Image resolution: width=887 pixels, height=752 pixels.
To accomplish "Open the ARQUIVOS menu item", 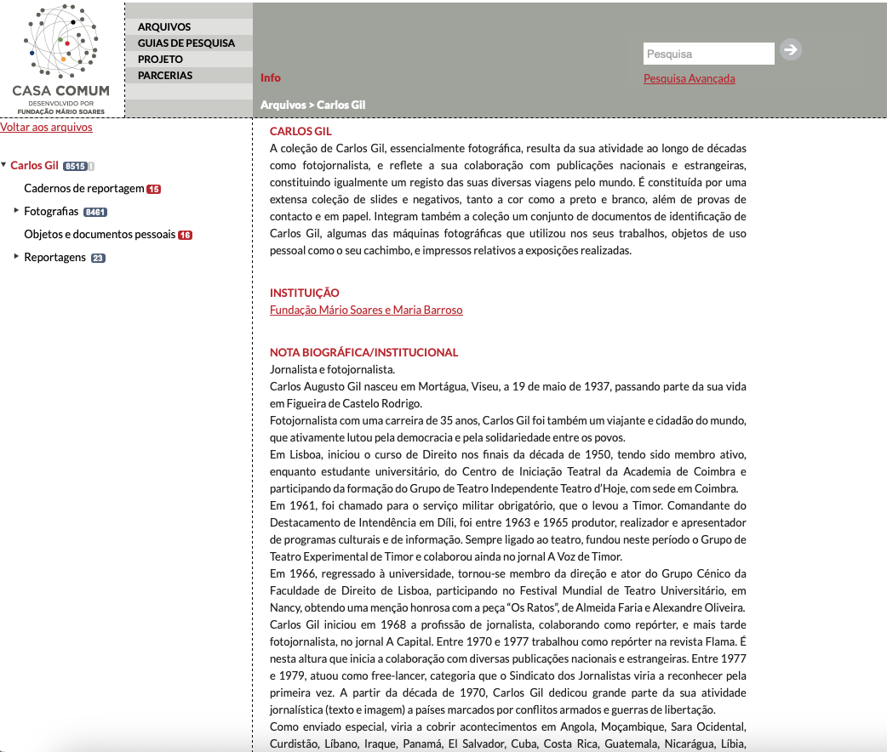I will tap(164, 27).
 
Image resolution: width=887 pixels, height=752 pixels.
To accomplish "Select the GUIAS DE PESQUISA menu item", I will tap(186, 43).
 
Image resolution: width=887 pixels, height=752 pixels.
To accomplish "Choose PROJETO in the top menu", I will tap(160, 60).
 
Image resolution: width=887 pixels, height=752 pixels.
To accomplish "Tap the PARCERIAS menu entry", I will tap(165, 76).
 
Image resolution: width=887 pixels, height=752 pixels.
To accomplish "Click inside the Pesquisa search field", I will tap(707, 54).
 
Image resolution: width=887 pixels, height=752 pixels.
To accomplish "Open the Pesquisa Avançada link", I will tap(689, 79).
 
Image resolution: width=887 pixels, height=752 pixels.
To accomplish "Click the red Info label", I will tap(271, 78).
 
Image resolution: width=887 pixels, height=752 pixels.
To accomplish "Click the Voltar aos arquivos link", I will tap(46, 128).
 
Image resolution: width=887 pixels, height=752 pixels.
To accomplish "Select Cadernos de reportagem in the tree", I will tap(83, 189).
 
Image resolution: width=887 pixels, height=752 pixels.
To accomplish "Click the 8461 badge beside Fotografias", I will tap(94, 212).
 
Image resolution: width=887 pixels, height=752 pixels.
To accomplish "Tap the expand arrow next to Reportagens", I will tap(16, 256).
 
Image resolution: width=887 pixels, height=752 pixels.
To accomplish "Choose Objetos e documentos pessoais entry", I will tap(99, 235).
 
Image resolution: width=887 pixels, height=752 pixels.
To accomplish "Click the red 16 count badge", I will tap(185, 236).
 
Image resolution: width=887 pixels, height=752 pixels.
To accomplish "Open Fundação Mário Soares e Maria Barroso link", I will tap(366, 310).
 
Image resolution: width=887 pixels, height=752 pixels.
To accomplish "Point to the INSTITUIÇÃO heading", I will tap(304, 293).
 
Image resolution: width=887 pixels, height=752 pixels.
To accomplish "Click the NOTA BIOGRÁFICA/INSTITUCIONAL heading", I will tap(363, 352).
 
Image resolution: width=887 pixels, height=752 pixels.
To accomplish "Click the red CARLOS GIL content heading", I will tap(300, 132).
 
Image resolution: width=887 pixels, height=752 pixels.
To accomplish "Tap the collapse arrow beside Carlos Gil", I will tap(3, 165).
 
